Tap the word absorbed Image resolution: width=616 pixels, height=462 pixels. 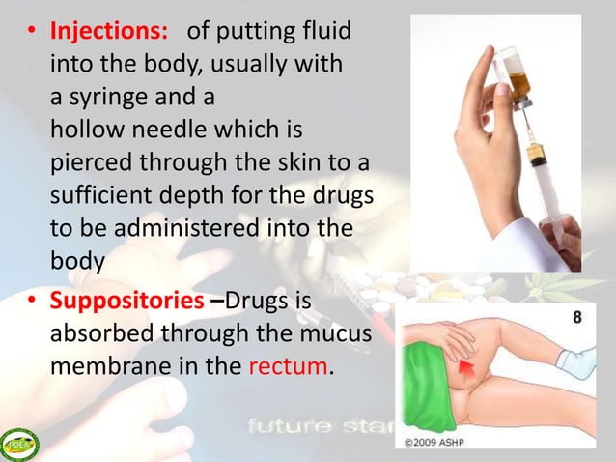(x=91, y=333)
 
